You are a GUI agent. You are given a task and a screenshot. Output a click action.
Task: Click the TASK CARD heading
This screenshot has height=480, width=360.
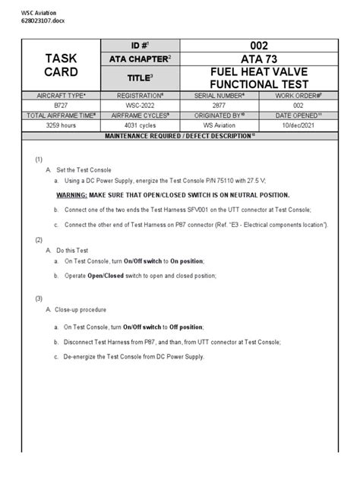tap(62, 67)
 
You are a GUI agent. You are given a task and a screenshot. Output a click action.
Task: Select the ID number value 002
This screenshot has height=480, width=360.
tap(254, 46)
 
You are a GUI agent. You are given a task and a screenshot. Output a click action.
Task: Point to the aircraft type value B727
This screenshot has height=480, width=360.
tap(56, 106)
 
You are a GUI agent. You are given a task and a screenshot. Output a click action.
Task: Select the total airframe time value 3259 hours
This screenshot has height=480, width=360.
tap(56, 125)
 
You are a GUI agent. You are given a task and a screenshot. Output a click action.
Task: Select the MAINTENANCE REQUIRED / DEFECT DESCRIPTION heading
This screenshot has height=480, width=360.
tap(179, 134)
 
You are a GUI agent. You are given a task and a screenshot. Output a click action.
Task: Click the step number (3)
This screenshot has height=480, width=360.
tap(39, 298)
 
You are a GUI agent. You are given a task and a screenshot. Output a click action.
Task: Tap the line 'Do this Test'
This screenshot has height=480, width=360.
tap(74, 250)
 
